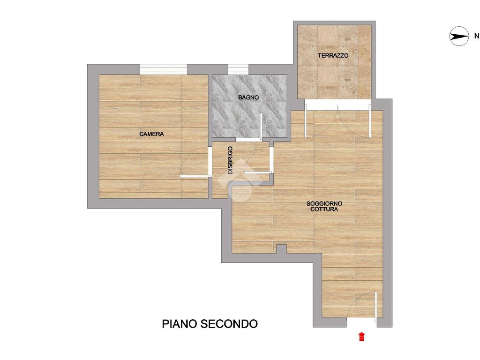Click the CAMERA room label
[151, 134]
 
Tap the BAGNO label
[248, 97]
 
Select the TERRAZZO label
[333, 56]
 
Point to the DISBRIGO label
[230, 160]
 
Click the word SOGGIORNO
[324, 203]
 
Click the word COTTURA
[324, 210]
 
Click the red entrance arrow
[361, 337]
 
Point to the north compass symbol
[459, 37]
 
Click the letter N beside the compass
[477, 36]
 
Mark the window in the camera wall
[163, 69]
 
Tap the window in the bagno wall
[238, 69]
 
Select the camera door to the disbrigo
[195, 162]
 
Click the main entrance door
[363, 307]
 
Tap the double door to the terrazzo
[337, 121]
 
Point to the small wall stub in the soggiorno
[281, 249]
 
